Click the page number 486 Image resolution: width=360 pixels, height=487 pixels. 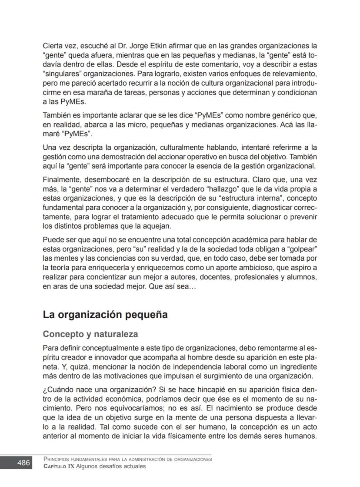(x=23, y=463)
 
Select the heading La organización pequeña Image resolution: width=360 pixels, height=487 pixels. (x=105, y=315)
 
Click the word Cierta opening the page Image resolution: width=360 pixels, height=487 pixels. (x=53, y=45)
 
